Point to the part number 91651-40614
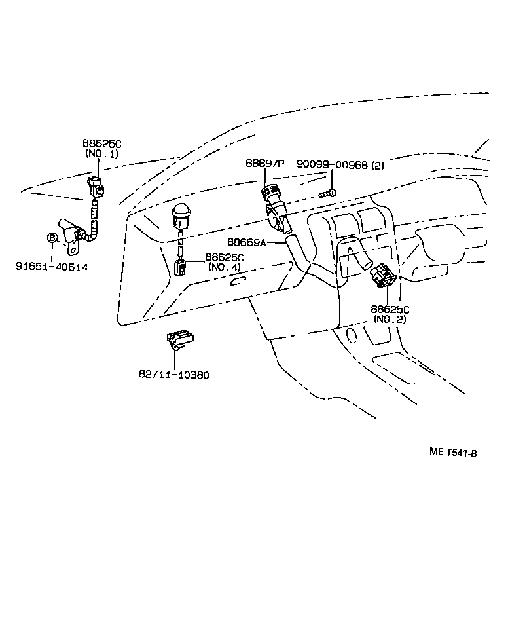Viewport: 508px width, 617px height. click(x=52, y=267)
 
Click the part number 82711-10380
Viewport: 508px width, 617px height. click(x=173, y=375)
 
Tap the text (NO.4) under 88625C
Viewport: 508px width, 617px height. click(x=224, y=267)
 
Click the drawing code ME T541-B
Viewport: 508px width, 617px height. click(x=452, y=451)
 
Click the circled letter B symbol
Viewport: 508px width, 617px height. click(x=52, y=238)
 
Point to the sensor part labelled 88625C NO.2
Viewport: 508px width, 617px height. click(x=382, y=276)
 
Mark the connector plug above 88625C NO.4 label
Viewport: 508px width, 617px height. click(x=180, y=267)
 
